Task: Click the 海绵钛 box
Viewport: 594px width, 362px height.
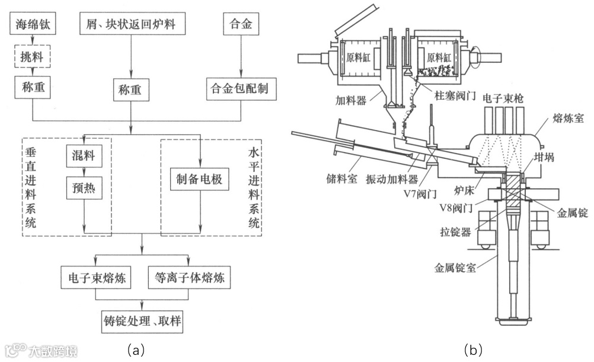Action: (x=33, y=25)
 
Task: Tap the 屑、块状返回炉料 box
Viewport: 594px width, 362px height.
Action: (x=131, y=25)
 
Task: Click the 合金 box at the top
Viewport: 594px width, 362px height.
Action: (x=240, y=25)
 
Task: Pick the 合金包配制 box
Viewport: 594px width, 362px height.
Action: (x=240, y=89)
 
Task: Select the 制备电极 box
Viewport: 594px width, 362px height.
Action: (x=199, y=179)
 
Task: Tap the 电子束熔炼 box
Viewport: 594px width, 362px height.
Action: (x=95, y=277)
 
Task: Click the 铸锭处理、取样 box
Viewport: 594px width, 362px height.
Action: (x=141, y=323)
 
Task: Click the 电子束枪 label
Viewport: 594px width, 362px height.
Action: (x=502, y=97)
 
